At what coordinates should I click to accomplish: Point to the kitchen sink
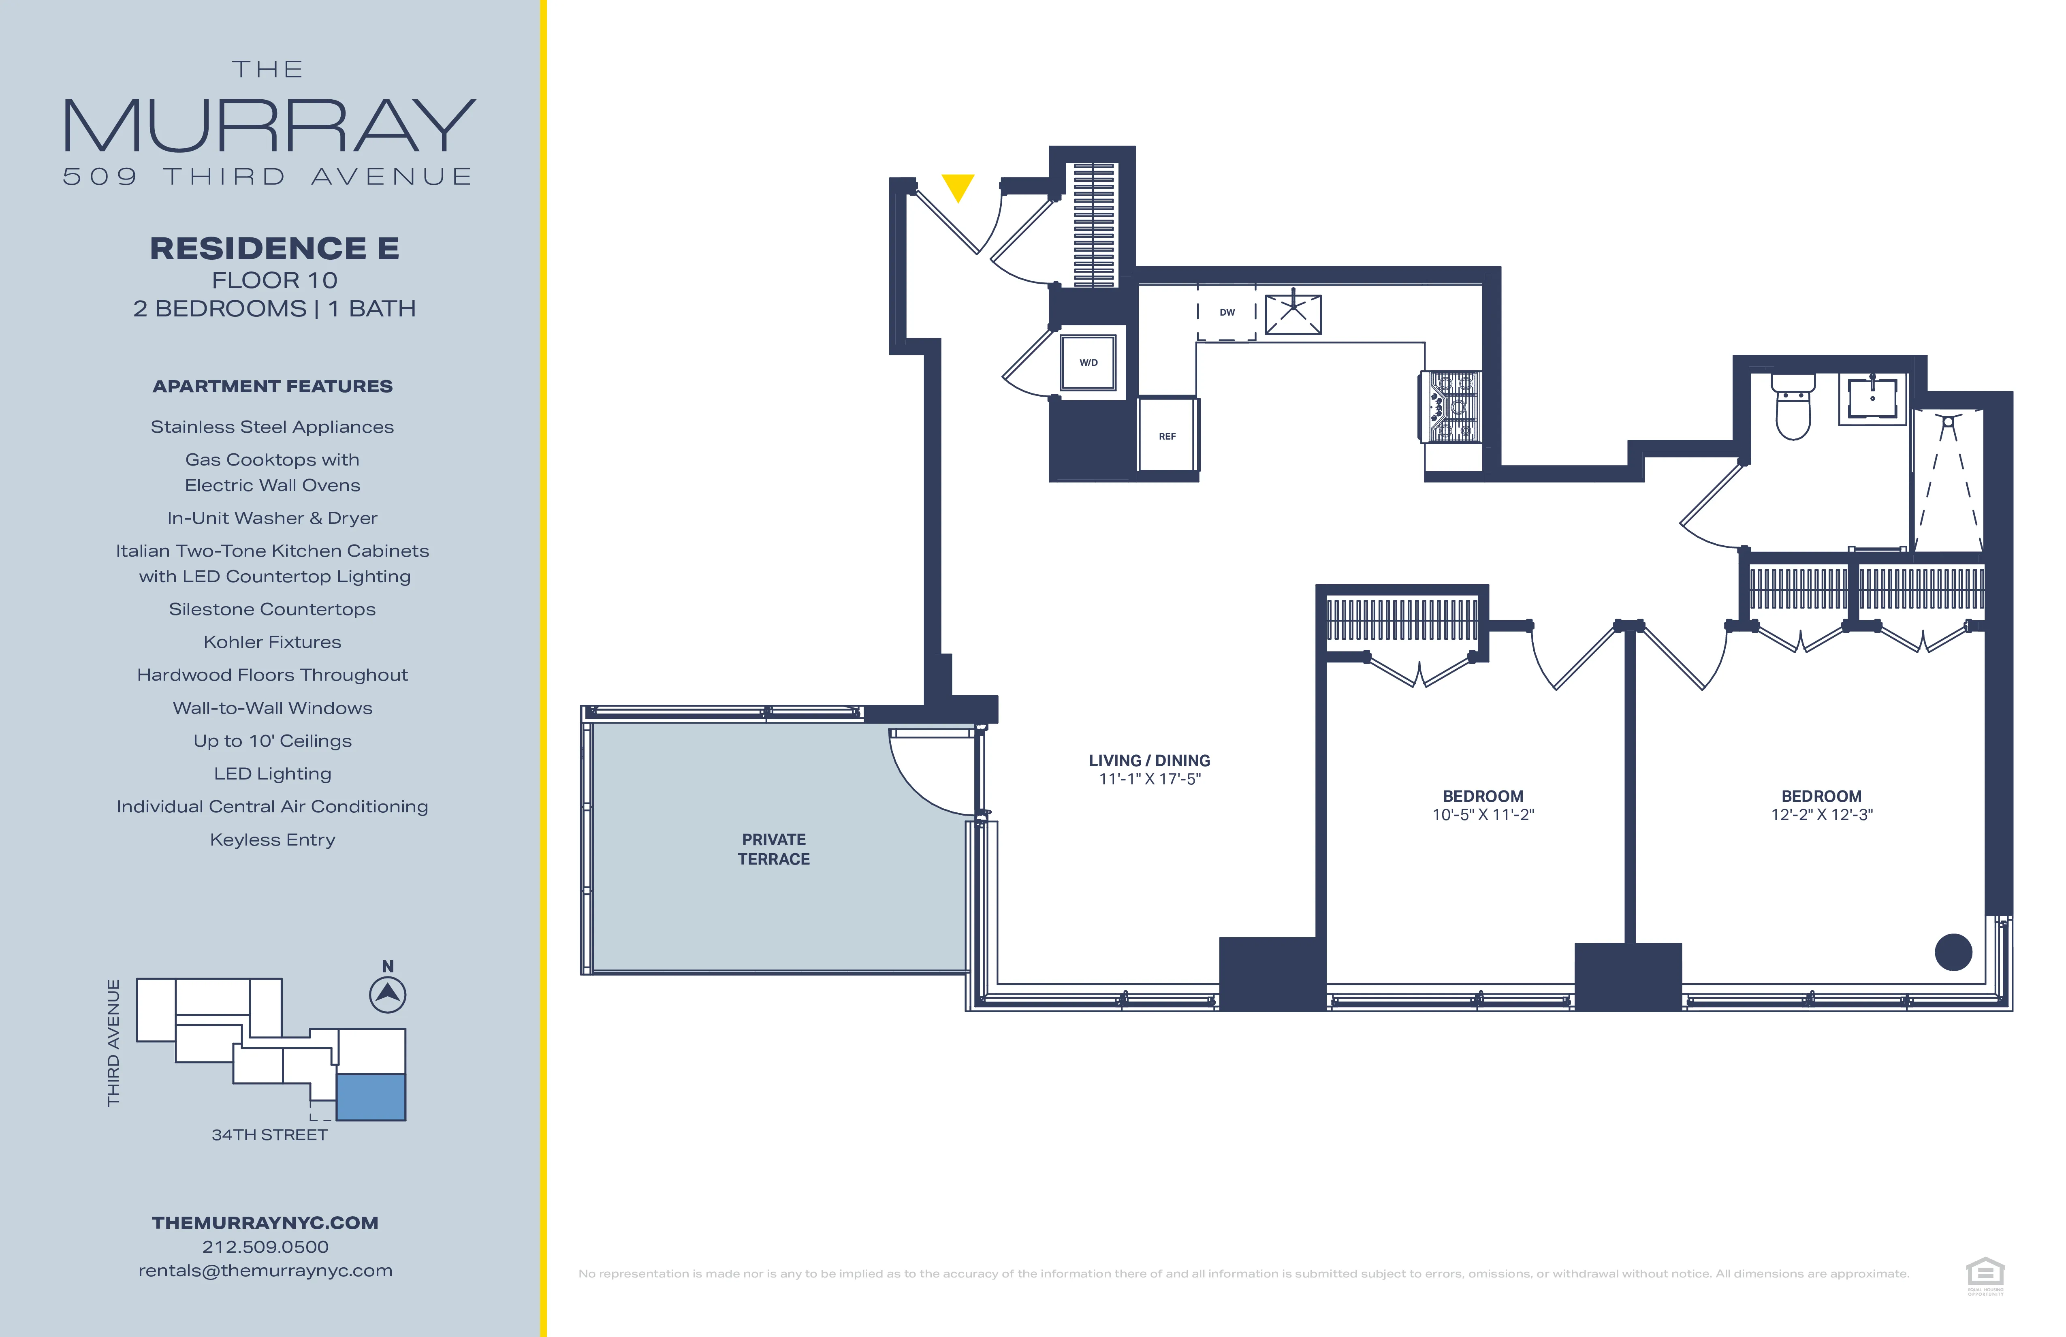pos(1293,314)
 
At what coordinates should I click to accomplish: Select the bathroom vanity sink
pos(1872,399)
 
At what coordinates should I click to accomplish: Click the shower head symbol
pos(1948,424)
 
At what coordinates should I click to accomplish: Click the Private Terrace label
pos(773,849)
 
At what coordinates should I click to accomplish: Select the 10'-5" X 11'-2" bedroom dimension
pos(1483,814)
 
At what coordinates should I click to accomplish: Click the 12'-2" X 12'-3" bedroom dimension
pos(1821,814)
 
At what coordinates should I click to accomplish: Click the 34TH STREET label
pos(269,1135)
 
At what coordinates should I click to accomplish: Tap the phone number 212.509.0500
pos(266,1247)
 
